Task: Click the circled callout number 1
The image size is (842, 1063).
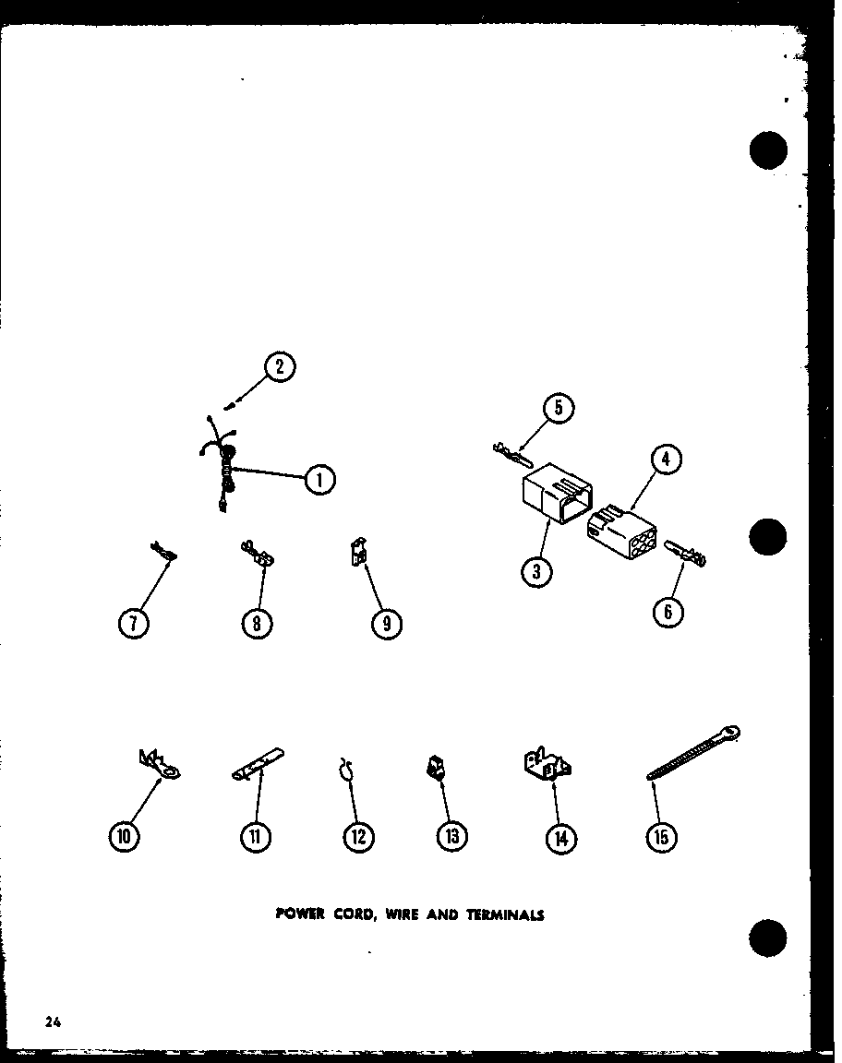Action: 319,481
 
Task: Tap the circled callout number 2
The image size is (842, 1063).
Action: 280,367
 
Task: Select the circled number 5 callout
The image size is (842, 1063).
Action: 559,408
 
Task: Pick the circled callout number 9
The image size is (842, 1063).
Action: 387,624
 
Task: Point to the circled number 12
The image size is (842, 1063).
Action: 358,837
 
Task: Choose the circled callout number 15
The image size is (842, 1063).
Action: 662,838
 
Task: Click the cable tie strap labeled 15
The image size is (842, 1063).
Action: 692,753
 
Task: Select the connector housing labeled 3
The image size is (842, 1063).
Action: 557,493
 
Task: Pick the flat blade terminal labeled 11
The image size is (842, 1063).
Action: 258,763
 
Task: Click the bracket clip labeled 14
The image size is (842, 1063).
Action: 547,763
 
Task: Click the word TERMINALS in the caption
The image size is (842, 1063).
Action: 505,914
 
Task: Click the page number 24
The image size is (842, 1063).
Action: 53,1022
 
